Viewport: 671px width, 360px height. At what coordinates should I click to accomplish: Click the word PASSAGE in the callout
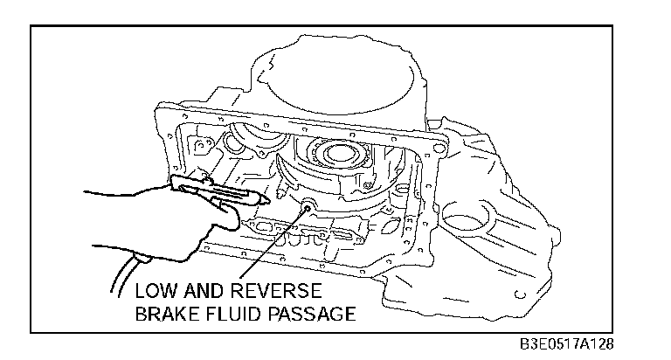[316, 313]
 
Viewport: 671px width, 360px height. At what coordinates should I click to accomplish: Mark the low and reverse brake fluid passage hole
[308, 207]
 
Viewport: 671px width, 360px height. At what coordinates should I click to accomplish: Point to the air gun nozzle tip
[261, 199]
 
